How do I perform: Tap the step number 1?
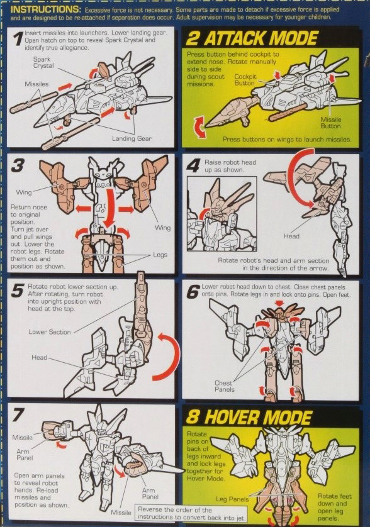[18, 40]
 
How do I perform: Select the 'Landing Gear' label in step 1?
[132, 138]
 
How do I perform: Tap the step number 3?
[19, 166]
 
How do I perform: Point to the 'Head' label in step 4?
[291, 236]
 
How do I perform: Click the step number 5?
[18, 291]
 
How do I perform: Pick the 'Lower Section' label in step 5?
[50, 331]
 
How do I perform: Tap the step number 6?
[193, 291]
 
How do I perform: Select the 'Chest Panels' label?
[223, 386]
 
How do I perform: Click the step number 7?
[20, 416]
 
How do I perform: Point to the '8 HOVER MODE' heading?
[250, 418]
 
